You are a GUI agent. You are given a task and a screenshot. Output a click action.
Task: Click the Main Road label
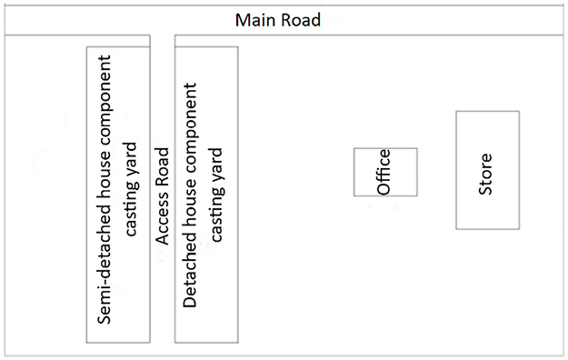coord(277,19)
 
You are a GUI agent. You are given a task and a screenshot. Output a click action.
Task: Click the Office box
coord(385,172)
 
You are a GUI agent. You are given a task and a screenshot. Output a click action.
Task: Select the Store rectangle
coord(487,170)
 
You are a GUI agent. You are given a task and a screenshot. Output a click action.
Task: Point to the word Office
coord(384,172)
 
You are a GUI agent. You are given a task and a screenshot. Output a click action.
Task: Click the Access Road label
coord(163,195)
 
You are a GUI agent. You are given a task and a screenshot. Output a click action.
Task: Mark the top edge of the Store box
coord(487,112)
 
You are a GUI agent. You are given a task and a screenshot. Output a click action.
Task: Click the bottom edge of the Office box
coord(385,195)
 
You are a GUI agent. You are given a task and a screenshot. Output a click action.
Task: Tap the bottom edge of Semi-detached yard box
coord(118,342)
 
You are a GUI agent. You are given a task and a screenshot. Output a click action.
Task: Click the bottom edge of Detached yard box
coord(206,342)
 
